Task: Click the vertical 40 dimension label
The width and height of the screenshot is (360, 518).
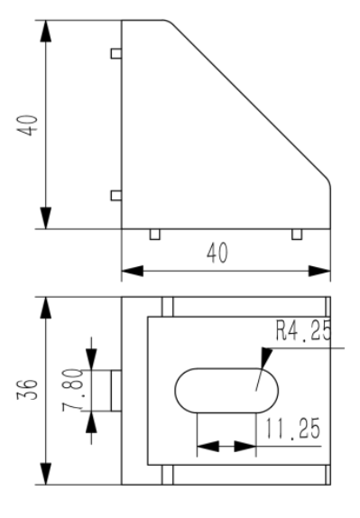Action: click(27, 125)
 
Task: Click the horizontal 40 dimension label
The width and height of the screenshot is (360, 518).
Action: click(217, 253)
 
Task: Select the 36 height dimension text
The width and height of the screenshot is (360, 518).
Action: click(27, 390)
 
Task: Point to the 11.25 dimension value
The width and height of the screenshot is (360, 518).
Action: click(293, 429)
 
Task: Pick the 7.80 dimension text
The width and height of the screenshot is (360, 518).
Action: click(72, 390)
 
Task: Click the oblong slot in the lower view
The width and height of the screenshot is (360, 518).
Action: click(226, 391)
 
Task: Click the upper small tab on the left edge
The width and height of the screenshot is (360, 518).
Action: click(115, 53)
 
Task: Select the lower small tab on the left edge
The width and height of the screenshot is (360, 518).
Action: click(115, 196)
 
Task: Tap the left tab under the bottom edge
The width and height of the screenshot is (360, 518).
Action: click(155, 235)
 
